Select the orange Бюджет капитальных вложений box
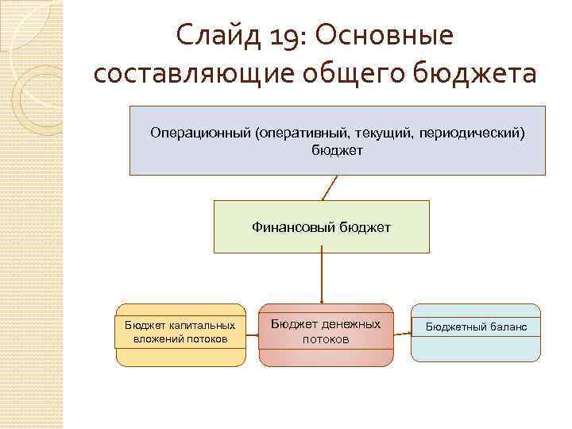[181, 334]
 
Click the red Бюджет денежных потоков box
[326, 334]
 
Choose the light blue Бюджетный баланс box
[476, 333]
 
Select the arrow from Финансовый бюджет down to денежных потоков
[321, 278]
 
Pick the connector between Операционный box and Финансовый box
[330, 187]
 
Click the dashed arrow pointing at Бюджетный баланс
[402, 334]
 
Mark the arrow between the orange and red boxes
[253, 334]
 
